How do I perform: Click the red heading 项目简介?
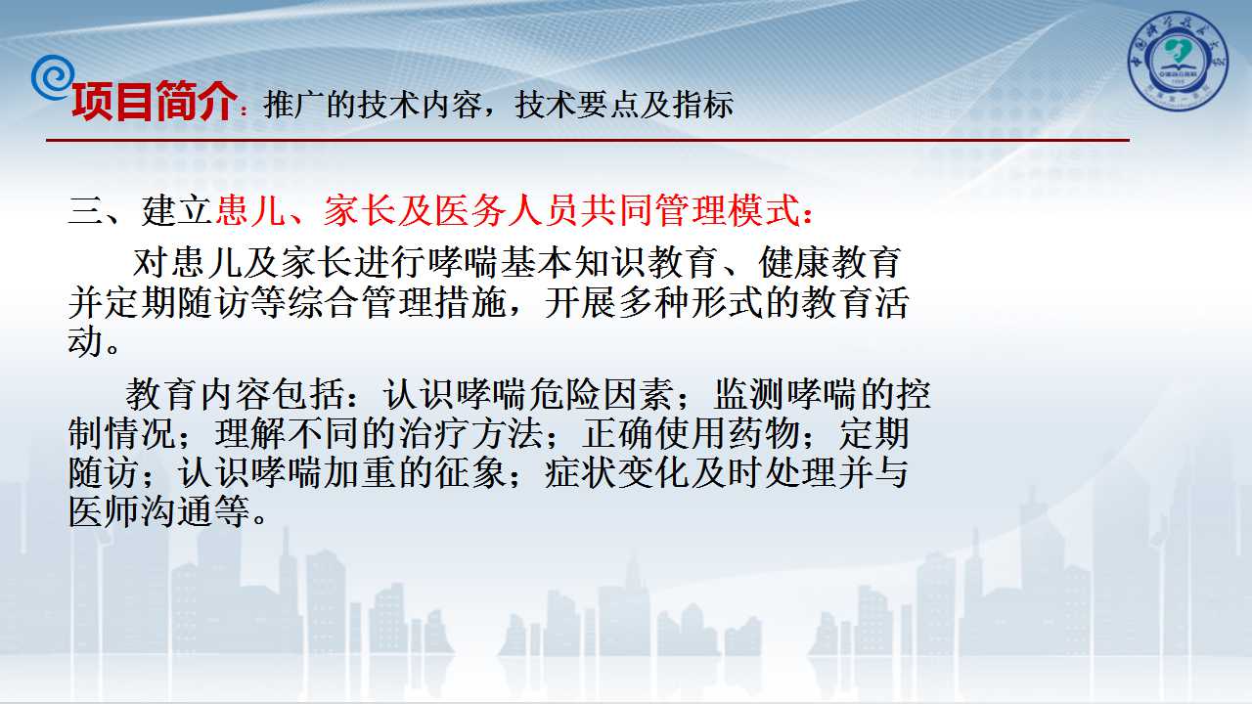pos(154,101)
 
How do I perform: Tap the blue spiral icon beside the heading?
pos(52,77)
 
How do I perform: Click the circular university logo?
pos(1179,61)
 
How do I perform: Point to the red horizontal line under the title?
pos(588,140)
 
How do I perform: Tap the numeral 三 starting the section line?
pos(85,210)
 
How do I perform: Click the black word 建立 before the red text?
pos(177,210)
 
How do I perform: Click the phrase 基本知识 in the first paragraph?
pos(573,263)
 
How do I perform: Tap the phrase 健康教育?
pos(829,263)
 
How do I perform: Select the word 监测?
pos(749,394)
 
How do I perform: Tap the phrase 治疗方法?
pos(471,433)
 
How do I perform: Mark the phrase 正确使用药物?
pos(692,433)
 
